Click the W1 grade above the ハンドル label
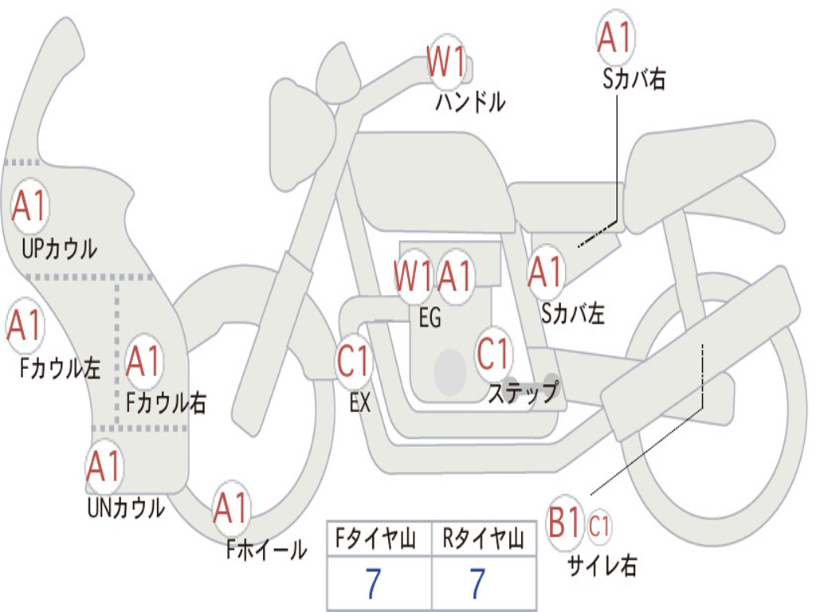[x=445, y=61]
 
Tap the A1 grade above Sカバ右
[x=615, y=37]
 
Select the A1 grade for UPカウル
[x=29, y=206]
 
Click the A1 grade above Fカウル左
[x=25, y=324]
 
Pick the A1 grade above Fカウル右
[x=143, y=361]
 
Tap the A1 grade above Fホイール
[x=232, y=508]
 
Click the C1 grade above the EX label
[x=353, y=361]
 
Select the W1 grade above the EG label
[x=414, y=275]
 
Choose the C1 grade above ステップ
[x=492, y=353]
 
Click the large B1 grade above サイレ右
[x=564, y=522]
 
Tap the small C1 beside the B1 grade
[x=598, y=526]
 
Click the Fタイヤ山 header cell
[x=379, y=538]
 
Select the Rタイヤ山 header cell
[x=484, y=538]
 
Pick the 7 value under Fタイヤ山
[x=373, y=583]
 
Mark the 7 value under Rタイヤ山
[x=478, y=583]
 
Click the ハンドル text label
[x=470, y=101]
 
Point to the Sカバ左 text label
[x=573, y=314]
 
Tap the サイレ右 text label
[x=602, y=565]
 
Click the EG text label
[x=430, y=317]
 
